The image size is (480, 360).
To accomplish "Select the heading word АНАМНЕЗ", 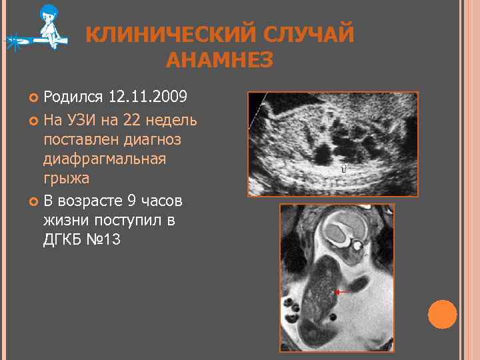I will point(219,61).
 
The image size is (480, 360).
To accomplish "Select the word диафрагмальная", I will point(104,160).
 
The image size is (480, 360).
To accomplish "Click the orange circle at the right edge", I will point(442,314).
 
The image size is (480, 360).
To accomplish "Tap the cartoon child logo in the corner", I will point(47,28).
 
